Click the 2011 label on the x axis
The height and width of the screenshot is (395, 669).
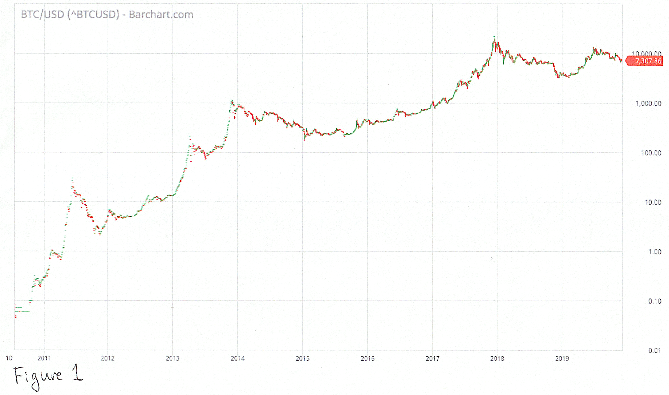click(x=44, y=358)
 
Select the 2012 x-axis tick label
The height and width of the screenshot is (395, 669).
click(x=108, y=358)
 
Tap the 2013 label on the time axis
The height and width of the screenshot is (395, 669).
click(x=173, y=358)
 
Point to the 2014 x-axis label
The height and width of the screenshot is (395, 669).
click(x=238, y=358)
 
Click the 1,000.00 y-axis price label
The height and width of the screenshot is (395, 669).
click(x=648, y=104)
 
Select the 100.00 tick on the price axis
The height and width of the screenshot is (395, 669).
click(x=651, y=153)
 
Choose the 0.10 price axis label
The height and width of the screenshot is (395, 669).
click(x=655, y=301)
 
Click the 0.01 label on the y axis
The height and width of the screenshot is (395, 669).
click(x=655, y=351)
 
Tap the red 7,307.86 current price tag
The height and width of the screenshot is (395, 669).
click(x=647, y=61)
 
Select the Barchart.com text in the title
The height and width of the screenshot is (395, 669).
click(x=161, y=15)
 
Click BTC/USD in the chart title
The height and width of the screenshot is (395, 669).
click(x=42, y=15)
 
